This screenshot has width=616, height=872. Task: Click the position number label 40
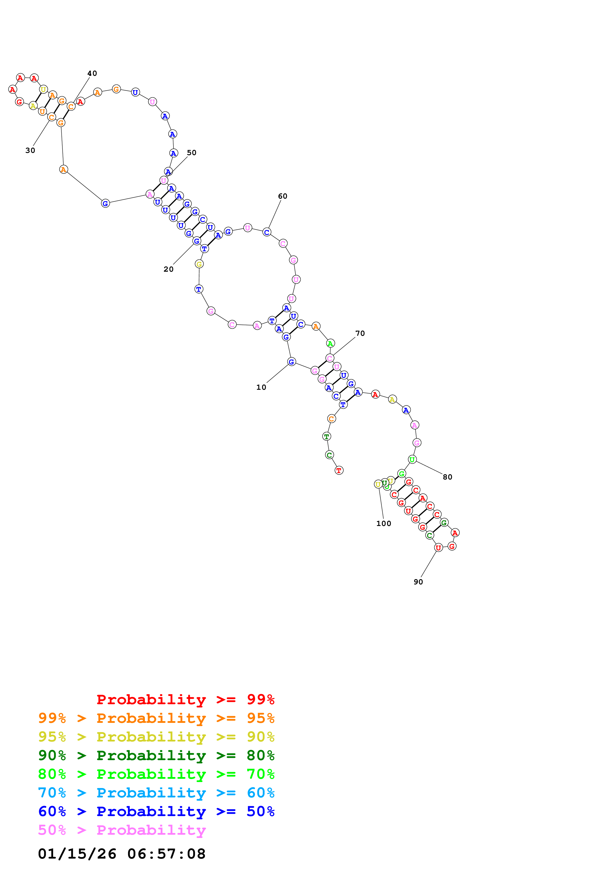click(92, 73)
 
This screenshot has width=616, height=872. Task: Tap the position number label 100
click(383, 523)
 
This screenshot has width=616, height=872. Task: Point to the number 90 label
click(418, 582)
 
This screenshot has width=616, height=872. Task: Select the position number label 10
click(261, 387)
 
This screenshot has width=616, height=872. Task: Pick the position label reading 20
click(168, 269)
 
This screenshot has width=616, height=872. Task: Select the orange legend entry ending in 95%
click(156, 718)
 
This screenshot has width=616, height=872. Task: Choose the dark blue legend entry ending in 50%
click(156, 811)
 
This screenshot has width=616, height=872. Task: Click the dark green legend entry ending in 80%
click(156, 755)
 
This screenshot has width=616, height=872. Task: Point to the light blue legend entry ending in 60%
click(156, 793)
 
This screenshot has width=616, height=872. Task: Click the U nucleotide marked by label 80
click(412, 460)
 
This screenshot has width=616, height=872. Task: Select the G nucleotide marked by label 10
click(291, 362)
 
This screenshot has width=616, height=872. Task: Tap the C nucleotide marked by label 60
click(267, 232)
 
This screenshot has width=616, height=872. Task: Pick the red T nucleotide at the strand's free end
click(339, 471)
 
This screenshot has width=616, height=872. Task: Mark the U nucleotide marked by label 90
click(438, 548)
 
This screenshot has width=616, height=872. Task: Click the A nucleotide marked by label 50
click(168, 172)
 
